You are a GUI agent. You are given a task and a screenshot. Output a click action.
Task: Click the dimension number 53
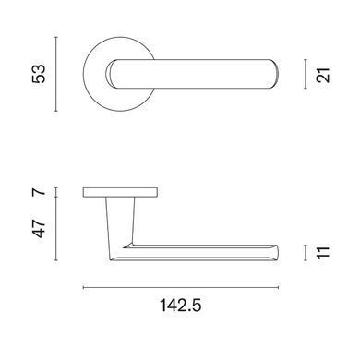[40, 74]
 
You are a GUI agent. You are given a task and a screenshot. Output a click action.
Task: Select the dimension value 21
[323, 75]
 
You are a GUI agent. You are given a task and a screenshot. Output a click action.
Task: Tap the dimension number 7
[40, 193]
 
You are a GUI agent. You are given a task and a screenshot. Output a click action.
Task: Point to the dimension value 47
[40, 229]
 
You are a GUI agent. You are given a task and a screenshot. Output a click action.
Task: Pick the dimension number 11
[323, 253]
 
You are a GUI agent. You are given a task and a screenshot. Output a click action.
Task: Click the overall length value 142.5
[181, 306]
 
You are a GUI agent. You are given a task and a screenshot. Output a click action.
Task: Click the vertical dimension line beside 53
[55, 74]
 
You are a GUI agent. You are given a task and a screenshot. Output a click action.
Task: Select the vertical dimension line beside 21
[306, 74]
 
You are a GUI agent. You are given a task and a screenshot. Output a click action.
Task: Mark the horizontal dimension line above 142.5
[181, 288]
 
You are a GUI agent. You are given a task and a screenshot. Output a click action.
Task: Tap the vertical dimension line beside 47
[55, 229]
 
